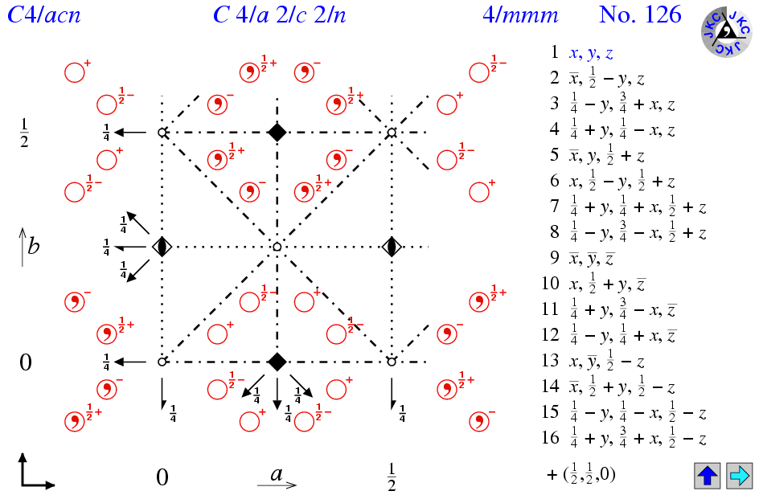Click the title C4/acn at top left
click(x=43, y=15)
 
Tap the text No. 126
click(x=640, y=15)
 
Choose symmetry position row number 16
click(x=623, y=439)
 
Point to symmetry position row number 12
click(x=622, y=336)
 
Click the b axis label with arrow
click(x=30, y=245)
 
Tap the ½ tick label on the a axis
click(x=392, y=475)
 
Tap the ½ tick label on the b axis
click(x=24, y=133)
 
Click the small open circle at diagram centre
click(x=277, y=247)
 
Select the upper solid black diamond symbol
click(x=277, y=132)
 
